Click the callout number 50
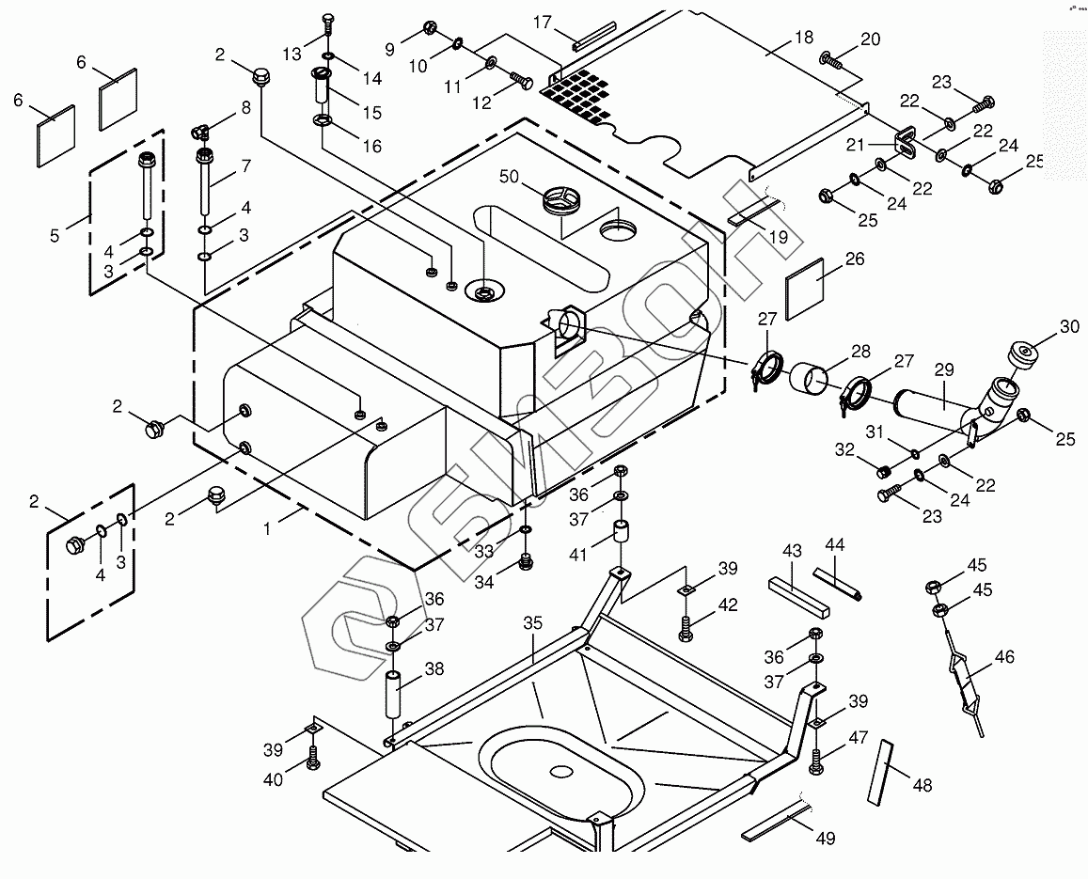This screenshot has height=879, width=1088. pyautogui.click(x=509, y=177)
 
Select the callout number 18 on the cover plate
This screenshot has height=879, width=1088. pyautogui.click(x=803, y=39)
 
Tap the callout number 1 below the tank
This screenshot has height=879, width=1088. pyautogui.click(x=267, y=528)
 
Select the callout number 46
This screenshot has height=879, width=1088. pyautogui.click(x=1003, y=656)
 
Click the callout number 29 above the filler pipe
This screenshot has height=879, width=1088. pyautogui.click(x=943, y=372)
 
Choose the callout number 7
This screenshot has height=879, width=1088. pyautogui.click(x=245, y=166)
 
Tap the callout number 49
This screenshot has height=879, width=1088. pyautogui.click(x=824, y=838)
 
